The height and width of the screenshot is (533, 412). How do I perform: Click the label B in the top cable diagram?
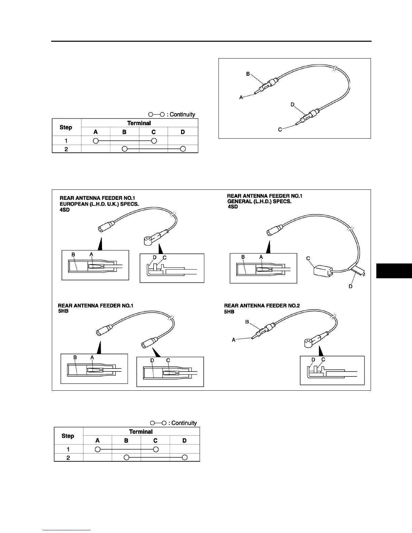tap(248, 74)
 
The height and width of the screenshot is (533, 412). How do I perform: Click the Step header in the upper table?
tap(66, 127)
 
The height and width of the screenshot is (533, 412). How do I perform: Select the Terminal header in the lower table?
tap(141, 432)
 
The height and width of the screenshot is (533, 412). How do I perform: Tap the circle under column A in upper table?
tap(96, 140)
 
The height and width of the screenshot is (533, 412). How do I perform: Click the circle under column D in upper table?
tap(183, 149)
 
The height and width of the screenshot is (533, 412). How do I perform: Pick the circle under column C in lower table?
tap(155, 449)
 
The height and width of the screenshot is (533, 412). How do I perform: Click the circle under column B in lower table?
tap(126, 457)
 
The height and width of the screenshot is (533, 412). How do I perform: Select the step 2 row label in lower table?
tap(68, 458)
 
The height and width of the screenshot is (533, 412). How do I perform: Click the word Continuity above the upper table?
tap(182, 114)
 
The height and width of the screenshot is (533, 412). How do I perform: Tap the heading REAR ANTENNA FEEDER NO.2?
tap(262, 306)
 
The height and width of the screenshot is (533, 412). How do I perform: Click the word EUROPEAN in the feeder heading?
tap(73, 204)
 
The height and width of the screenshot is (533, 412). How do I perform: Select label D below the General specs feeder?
tap(350, 286)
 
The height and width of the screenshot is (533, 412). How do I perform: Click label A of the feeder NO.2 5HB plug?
tap(234, 340)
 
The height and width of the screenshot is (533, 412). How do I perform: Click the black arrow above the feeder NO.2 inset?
tap(321, 351)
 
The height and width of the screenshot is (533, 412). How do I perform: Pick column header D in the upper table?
tap(183, 132)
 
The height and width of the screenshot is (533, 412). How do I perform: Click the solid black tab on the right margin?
tap(394, 271)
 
